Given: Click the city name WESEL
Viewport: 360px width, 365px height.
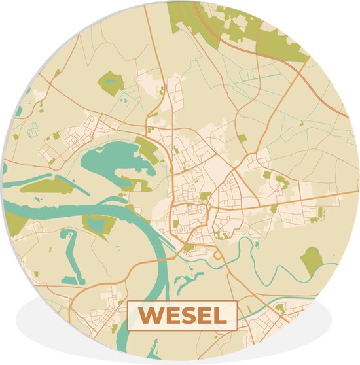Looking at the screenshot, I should pyautogui.click(x=181, y=315).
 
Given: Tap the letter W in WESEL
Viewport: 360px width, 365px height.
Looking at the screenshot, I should pyautogui.click(x=149, y=316).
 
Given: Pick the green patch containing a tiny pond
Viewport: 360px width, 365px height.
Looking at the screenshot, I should pyautogui.click(x=110, y=83).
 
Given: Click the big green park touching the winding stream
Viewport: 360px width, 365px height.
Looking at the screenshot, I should pyautogui.click(x=312, y=260).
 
